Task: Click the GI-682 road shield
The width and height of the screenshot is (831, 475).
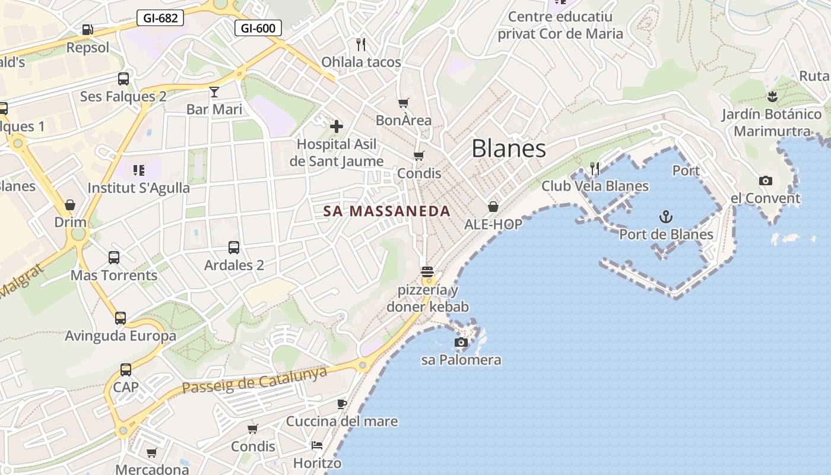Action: click(x=160, y=18)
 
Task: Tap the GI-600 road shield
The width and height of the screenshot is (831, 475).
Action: click(x=258, y=28)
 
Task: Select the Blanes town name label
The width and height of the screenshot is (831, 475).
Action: click(x=509, y=148)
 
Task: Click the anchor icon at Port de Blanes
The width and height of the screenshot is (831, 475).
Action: click(x=666, y=217)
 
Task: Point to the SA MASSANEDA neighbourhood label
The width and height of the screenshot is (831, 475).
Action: click(x=386, y=211)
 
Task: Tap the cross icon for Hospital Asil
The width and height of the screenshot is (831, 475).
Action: click(x=337, y=126)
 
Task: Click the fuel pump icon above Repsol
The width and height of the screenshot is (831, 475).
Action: click(x=87, y=29)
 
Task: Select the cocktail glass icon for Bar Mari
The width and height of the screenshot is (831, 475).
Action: click(x=214, y=91)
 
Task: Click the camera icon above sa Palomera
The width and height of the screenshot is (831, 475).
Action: click(x=461, y=342)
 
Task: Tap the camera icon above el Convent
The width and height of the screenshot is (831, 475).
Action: click(x=766, y=180)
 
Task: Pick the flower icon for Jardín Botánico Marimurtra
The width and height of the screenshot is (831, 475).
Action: click(x=772, y=96)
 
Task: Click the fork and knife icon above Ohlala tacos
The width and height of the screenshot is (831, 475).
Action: click(x=360, y=44)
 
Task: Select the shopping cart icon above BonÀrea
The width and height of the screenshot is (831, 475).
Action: click(x=404, y=103)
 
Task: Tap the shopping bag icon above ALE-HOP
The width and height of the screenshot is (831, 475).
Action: click(x=493, y=207)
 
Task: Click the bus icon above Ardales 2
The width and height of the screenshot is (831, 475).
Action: click(x=234, y=248)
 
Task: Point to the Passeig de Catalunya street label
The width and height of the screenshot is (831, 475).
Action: click(x=255, y=380)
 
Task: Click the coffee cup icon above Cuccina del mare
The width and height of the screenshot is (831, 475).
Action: click(x=342, y=404)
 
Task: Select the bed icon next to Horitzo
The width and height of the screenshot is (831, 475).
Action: click(x=317, y=445)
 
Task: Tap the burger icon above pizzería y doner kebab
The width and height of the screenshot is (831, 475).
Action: click(x=427, y=273)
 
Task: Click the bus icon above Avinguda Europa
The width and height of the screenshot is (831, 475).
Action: click(x=120, y=318)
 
